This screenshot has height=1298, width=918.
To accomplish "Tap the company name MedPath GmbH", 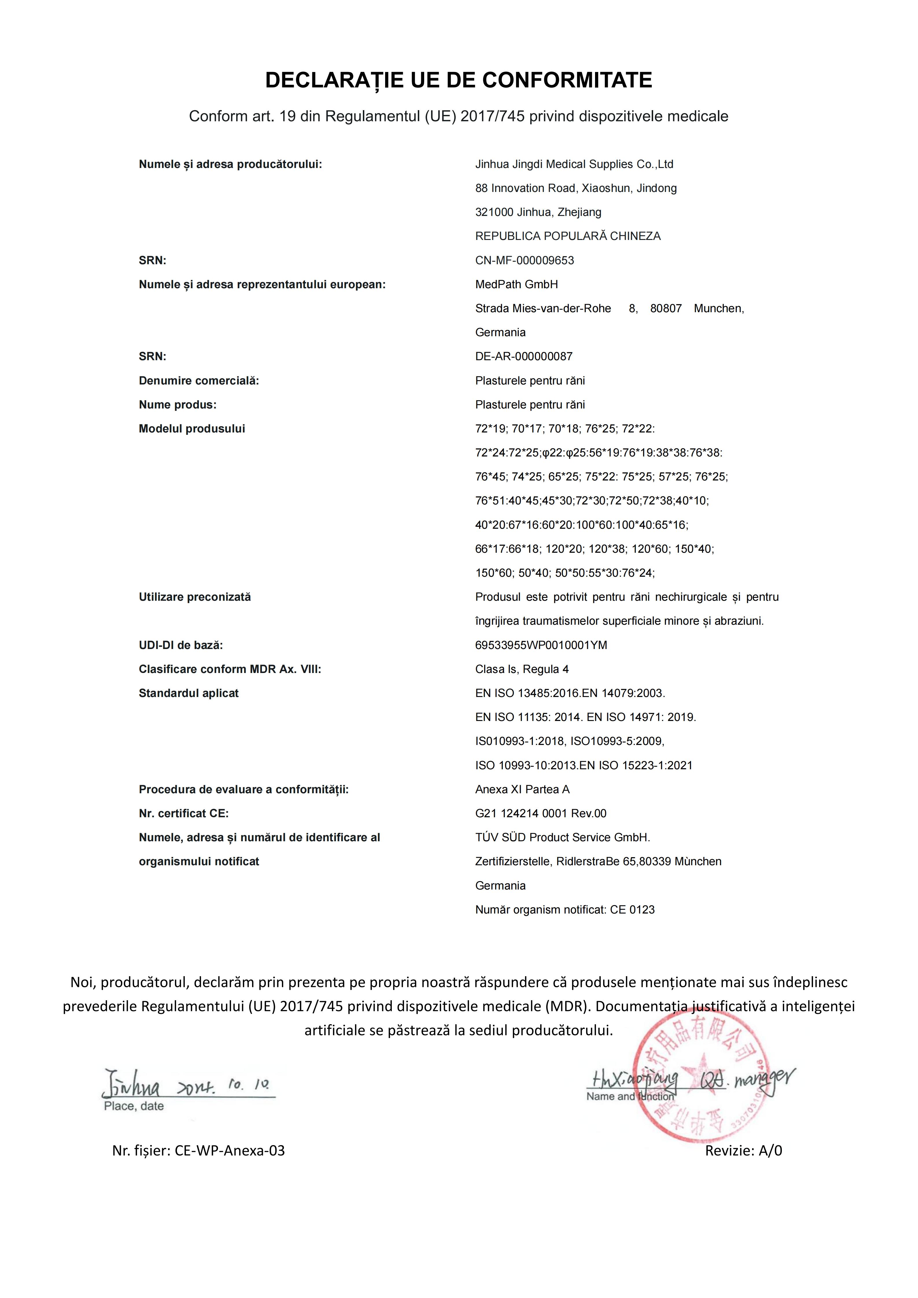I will pyautogui.click(x=516, y=284).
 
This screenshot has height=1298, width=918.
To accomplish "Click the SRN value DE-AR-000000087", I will pyautogui.click(x=523, y=357).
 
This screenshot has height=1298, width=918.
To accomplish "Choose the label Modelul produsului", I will pyautogui.click(x=192, y=428).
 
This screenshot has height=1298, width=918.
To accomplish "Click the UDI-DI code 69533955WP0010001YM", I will pyautogui.click(x=541, y=645).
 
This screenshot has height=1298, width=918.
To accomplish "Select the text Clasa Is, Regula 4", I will pyautogui.click(x=522, y=669).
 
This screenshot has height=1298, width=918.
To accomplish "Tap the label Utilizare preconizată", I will pyautogui.click(x=195, y=597).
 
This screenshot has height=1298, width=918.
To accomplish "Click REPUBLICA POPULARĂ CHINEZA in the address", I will pyautogui.click(x=568, y=236).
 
